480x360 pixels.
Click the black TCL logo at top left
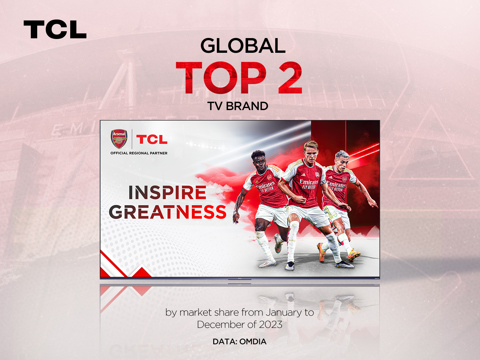(x=55, y=29)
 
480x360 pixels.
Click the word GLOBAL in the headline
(x=243, y=46)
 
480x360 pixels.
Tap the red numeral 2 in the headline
(x=289, y=78)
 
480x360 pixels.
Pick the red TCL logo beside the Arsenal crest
(x=152, y=139)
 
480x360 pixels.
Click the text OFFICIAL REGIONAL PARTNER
(x=139, y=153)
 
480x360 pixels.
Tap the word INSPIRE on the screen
(x=167, y=193)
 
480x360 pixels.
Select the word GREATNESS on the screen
(x=167, y=212)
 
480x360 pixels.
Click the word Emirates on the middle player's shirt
(x=309, y=182)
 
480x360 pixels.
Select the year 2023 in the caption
(x=271, y=325)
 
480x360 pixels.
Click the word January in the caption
(x=283, y=313)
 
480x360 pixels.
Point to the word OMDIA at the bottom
(x=253, y=342)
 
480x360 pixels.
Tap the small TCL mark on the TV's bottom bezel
(x=240, y=279)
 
